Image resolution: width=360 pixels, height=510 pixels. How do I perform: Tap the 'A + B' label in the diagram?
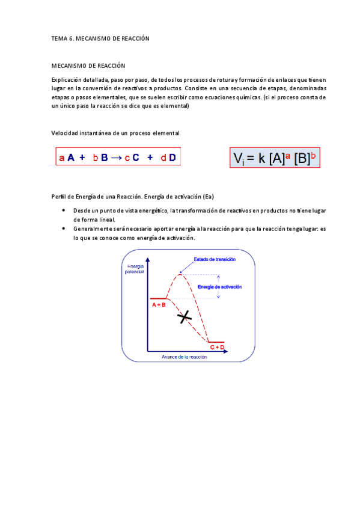[x=159, y=305]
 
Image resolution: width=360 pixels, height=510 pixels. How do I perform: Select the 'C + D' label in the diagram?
[x=217, y=348]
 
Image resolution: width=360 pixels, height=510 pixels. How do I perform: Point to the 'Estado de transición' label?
[x=214, y=259]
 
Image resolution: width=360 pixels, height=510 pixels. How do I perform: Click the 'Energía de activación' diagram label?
[x=219, y=287]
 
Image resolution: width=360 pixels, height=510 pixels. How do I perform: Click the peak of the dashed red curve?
[x=180, y=275]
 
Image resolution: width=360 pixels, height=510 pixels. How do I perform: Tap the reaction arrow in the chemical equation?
[x=116, y=158]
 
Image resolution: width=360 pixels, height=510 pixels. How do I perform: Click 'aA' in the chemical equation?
[x=67, y=158]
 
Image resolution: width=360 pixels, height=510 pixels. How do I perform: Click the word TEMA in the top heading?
[x=59, y=38]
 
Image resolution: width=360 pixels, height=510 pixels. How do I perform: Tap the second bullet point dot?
[x=64, y=229]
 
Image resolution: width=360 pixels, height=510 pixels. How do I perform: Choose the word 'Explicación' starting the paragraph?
[x=66, y=80]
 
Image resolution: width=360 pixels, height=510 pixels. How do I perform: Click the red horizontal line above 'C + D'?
[x=216, y=342]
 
